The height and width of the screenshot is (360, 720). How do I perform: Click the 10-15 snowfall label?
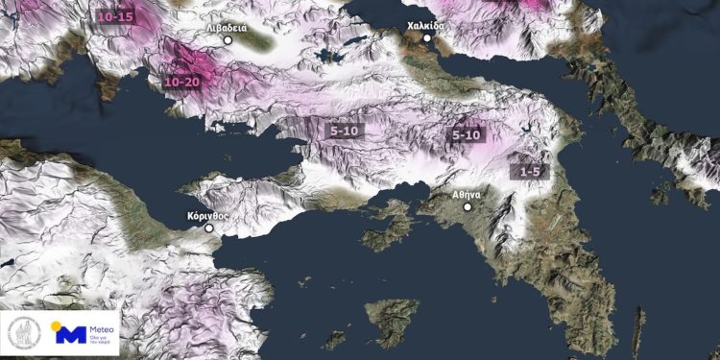point(115,16)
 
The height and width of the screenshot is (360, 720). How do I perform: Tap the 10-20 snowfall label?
point(182,83)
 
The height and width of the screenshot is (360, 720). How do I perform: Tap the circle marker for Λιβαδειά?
point(228,41)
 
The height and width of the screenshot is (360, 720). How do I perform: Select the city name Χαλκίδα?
point(426,26)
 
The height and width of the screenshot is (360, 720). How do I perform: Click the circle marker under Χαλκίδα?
point(427,38)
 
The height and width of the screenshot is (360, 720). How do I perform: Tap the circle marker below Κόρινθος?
point(209,228)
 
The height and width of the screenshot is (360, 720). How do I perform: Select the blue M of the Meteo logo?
point(69,335)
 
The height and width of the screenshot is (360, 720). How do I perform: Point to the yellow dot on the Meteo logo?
point(57,325)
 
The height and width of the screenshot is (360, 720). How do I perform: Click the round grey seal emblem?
point(23,333)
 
